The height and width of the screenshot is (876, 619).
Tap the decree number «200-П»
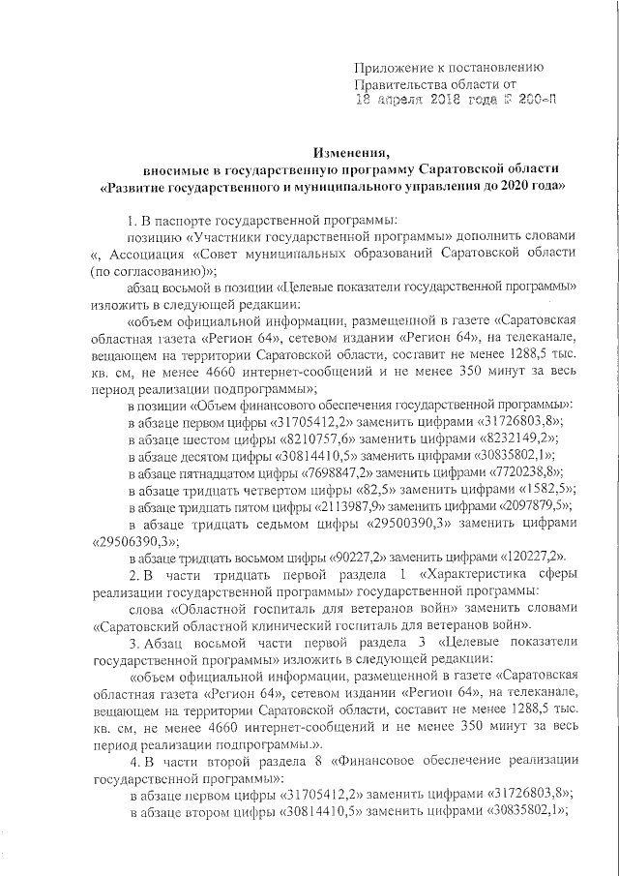535,99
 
